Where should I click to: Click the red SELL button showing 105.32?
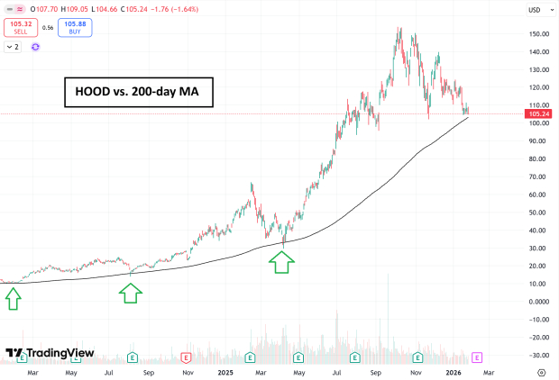point(19,27)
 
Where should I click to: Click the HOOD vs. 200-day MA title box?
point(139,93)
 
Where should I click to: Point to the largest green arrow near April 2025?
point(282,262)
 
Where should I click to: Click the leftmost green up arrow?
point(13,298)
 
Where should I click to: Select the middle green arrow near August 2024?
point(131,292)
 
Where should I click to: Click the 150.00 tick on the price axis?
point(538,34)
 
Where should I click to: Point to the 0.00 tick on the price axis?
point(540,302)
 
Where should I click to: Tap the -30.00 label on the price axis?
point(538,355)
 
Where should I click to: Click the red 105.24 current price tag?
point(538,114)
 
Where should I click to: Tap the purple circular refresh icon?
point(35,46)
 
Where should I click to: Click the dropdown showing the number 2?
point(14,46)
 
